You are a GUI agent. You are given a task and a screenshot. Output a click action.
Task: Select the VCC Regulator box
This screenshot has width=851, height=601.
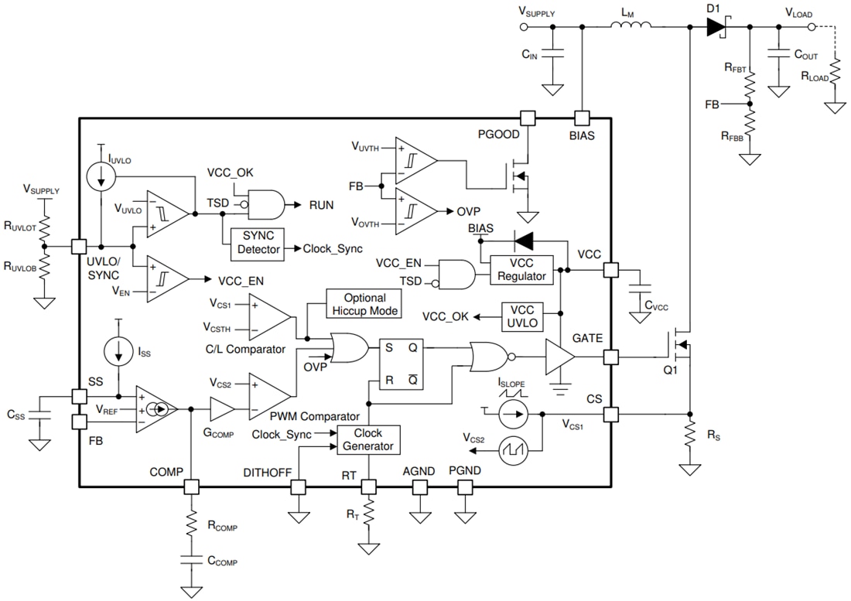pos(521,269)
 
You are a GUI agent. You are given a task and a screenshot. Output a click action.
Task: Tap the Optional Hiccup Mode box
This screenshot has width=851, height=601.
pos(364,304)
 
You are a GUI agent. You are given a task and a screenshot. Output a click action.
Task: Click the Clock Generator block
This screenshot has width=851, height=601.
pos(368,439)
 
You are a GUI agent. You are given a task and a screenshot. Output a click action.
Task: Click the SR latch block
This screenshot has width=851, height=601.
pos(401,364)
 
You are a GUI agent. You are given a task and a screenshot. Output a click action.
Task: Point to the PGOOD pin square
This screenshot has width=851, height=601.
pos(528,118)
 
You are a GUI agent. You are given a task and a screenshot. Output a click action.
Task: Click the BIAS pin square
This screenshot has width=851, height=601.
pos(581,118)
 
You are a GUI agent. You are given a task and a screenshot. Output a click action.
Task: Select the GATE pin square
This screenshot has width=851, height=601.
pos(611,357)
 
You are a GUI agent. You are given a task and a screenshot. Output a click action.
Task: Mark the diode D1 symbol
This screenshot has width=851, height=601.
pos(715,28)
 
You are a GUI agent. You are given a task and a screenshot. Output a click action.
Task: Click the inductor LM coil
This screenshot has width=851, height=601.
pos(631,27)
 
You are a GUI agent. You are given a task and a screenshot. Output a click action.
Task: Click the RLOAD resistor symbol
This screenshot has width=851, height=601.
pos(834,75)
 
